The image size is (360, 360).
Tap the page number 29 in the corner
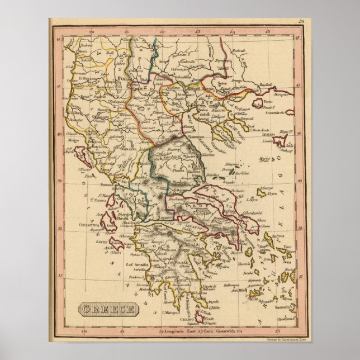[301, 21]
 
